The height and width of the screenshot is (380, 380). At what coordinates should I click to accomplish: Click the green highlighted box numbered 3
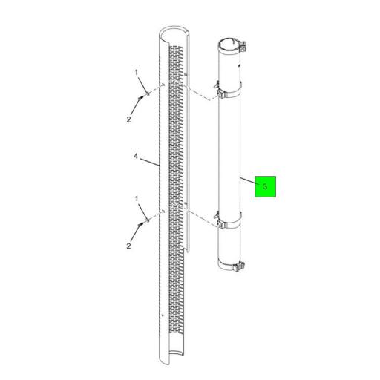[265, 186]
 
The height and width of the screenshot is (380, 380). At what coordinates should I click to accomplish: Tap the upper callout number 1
[137, 73]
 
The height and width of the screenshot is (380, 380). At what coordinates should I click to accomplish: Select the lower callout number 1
[137, 199]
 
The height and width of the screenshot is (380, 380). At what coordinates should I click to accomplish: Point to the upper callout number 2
[129, 119]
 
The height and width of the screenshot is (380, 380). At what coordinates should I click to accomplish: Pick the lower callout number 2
[128, 246]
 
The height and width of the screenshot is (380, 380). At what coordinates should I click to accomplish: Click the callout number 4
[136, 156]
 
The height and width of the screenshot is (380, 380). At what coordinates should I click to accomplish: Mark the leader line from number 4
[150, 162]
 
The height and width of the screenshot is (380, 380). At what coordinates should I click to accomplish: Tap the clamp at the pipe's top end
[232, 47]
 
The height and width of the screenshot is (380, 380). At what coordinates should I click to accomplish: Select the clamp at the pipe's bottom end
[232, 266]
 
